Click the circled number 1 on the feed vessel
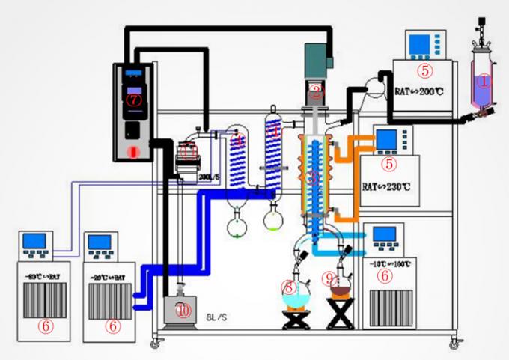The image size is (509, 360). [x=484, y=80]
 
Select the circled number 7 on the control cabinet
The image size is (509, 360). [x=133, y=99]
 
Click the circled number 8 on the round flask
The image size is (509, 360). [x=290, y=287]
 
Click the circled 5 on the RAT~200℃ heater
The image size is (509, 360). [x=425, y=71]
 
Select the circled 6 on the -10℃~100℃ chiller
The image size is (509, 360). [x=384, y=275]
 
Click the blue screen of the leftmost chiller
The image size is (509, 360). [x=35, y=241]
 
